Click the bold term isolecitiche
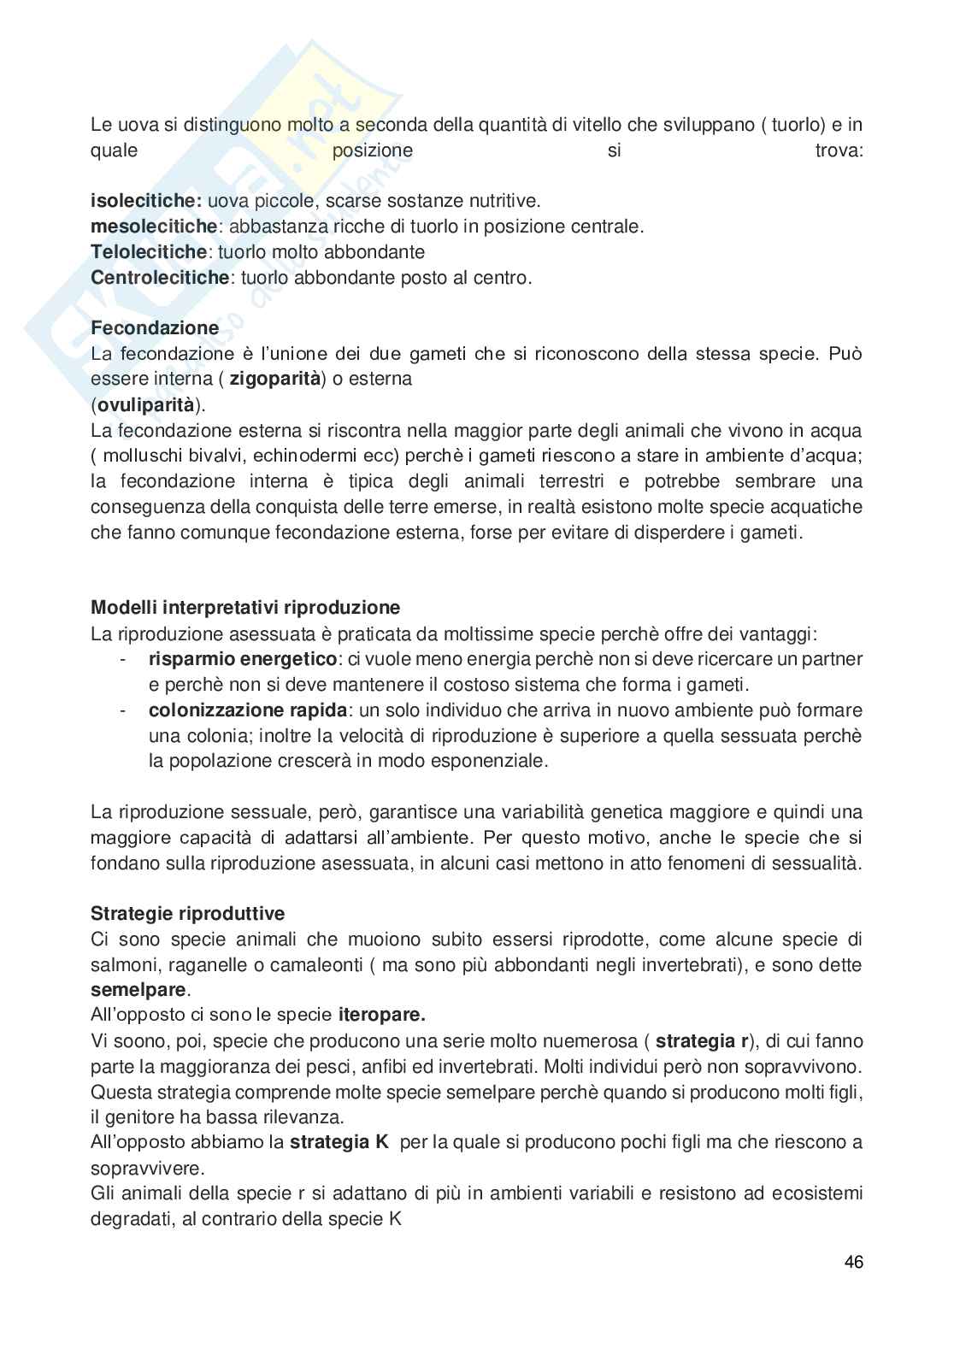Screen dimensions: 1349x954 coord(145,201)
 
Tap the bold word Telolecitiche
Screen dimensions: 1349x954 coord(149,252)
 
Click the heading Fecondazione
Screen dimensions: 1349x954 coord(155,328)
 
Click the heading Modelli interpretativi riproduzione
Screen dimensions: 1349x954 coord(245,609)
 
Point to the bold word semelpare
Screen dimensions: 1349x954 coord(138,991)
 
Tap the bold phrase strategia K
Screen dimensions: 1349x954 coord(339,1142)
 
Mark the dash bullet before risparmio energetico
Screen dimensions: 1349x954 coord(124,659)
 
